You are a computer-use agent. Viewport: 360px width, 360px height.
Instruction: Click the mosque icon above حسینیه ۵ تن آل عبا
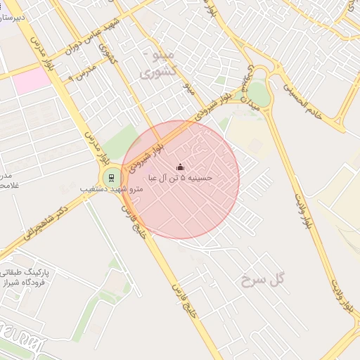click(x=180, y=167)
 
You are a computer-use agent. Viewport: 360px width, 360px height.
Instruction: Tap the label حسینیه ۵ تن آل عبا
click(x=179, y=179)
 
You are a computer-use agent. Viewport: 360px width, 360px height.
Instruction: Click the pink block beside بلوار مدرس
click(x=32, y=82)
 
